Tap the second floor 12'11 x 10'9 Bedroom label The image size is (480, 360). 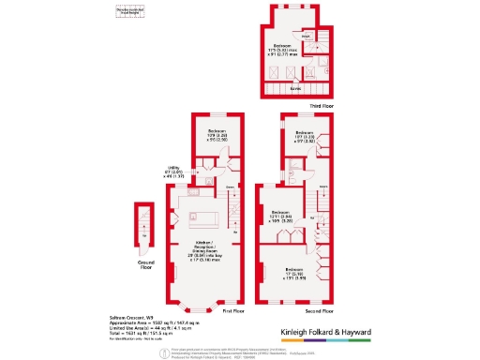(279, 215)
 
